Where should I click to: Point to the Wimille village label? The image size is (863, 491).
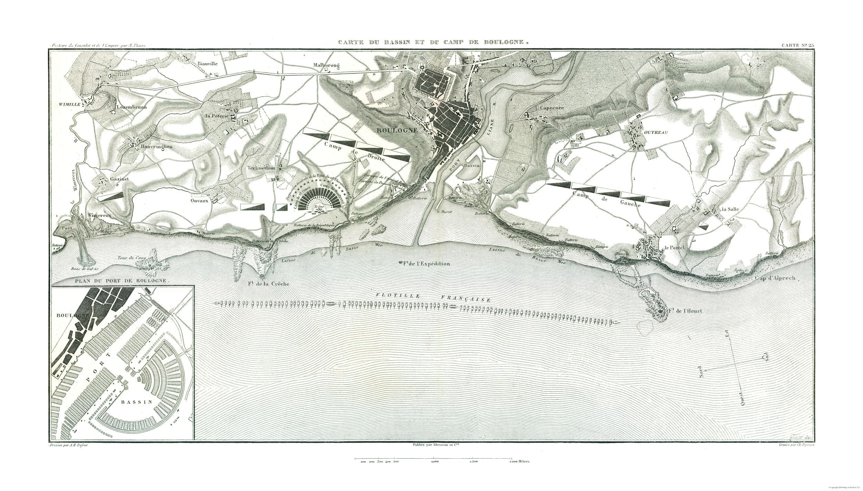70,104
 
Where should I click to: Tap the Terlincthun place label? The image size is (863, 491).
261,168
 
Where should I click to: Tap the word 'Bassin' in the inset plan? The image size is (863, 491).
137,402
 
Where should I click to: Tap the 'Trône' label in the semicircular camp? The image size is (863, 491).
319,207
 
